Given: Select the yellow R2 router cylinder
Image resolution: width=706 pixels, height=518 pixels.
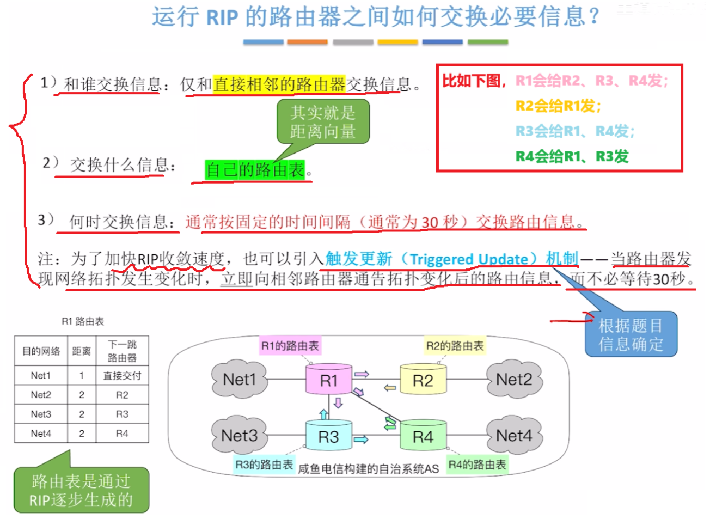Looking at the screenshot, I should (x=423, y=380).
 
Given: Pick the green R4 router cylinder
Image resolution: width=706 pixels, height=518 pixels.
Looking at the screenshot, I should (x=423, y=436).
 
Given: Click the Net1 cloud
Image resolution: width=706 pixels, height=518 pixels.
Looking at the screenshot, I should (x=239, y=379).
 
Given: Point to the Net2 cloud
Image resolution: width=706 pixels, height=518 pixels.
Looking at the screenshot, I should (x=514, y=379).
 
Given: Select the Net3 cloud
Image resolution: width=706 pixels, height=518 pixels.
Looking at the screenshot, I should (x=239, y=435).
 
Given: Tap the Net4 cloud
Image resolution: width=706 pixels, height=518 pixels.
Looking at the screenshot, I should (x=514, y=435).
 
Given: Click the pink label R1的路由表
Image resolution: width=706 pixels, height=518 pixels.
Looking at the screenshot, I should (x=290, y=346).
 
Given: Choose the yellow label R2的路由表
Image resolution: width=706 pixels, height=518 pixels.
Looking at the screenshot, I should (x=455, y=346).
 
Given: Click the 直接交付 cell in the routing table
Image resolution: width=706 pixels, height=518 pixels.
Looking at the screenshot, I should (x=122, y=376).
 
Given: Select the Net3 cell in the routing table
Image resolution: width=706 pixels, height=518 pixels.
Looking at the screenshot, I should (x=41, y=414).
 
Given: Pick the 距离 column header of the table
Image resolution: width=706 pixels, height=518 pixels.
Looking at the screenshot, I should (x=81, y=351).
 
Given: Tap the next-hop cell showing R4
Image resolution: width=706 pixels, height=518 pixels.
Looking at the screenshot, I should (x=122, y=433).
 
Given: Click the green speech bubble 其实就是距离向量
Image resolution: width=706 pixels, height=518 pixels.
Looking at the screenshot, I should (x=323, y=122).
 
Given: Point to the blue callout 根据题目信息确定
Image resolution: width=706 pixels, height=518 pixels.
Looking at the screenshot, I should (x=630, y=335).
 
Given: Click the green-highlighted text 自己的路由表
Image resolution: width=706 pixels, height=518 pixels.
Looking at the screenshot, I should (x=255, y=170).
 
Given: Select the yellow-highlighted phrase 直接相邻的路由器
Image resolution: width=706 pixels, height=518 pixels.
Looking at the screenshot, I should (x=279, y=84).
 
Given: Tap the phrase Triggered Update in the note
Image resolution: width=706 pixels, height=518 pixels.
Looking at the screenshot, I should (x=468, y=259).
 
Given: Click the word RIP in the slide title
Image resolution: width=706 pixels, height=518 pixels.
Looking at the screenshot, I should (x=222, y=17).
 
